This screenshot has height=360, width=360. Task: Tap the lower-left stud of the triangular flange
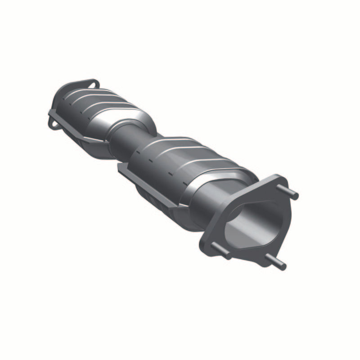pos(220,249)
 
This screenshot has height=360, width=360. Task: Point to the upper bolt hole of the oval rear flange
pos(94,84)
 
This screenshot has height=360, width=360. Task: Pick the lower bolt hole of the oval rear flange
pos(54,122)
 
